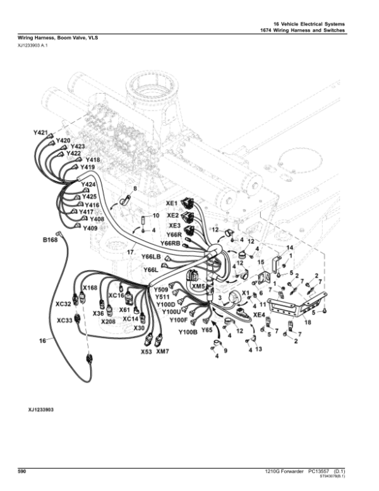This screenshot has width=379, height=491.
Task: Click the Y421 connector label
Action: [40, 133]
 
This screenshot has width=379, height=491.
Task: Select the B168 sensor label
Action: [50, 240]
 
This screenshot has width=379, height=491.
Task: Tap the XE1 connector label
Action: [171, 203]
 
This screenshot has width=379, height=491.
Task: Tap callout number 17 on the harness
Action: [131, 253]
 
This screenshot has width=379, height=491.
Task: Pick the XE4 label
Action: [259, 314]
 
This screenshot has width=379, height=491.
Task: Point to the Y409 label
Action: [90, 227]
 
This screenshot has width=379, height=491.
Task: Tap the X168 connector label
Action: [90, 288]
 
